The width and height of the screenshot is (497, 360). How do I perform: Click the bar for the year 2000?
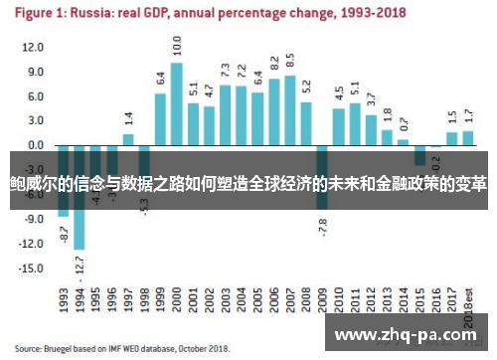tap(176, 103)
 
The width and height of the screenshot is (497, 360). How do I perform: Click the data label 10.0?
tap(177, 45)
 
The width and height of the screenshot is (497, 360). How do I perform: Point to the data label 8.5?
tap(289, 61)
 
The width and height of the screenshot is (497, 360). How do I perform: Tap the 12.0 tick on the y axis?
tap(33, 48)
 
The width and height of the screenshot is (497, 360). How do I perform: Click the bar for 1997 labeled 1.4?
tap(128, 139)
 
